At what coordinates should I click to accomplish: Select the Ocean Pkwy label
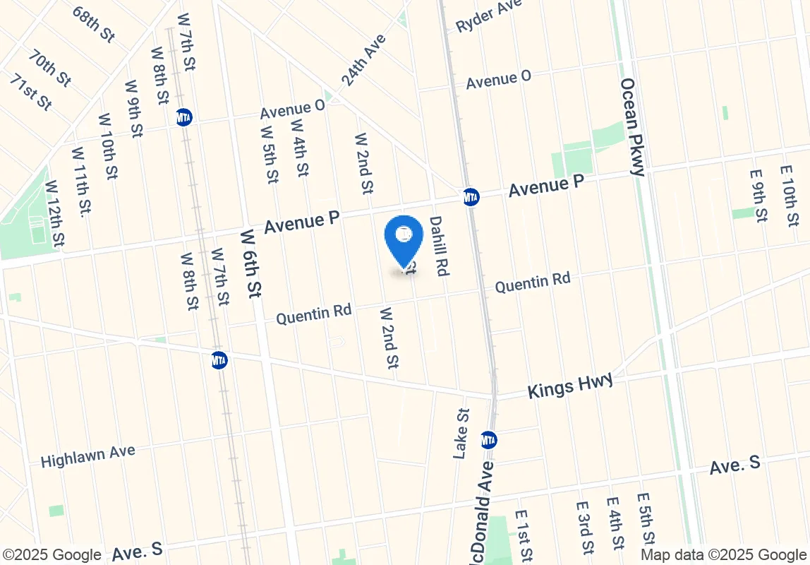point(632,127)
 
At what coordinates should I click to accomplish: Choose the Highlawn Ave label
point(87,456)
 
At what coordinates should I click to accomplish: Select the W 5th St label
point(269,155)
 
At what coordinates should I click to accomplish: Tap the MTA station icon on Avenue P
point(471,197)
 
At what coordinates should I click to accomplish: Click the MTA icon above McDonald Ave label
point(488,440)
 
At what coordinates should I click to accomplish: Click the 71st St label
point(31,92)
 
